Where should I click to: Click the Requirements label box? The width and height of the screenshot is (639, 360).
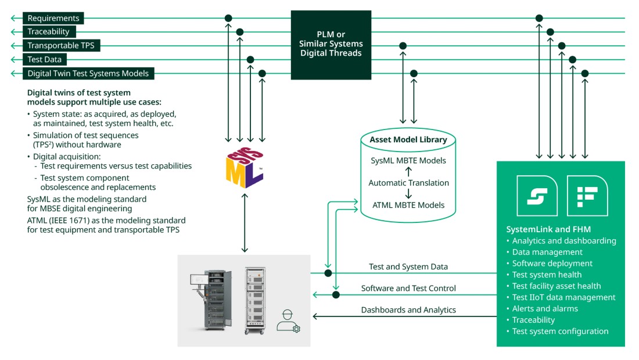[53, 19]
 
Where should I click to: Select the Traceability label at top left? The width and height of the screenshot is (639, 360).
[48, 32]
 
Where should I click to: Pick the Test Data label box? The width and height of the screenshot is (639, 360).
[44, 59]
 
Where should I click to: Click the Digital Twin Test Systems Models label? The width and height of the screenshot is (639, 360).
[88, 73]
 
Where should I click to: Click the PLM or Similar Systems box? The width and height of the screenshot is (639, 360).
[331, 44]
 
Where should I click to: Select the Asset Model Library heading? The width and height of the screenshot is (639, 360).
[408, 139]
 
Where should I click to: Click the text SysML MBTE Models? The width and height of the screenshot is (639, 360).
[408, 160]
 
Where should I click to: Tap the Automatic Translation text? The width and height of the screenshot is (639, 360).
[408, 183]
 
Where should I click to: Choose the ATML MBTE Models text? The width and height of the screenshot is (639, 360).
[408, 204]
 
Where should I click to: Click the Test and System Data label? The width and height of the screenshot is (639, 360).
[408, 267]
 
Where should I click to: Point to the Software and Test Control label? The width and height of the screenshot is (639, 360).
[408, 288]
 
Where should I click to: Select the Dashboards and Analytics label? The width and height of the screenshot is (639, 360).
[408, 310]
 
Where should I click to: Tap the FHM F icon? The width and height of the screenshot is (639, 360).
[587, 196]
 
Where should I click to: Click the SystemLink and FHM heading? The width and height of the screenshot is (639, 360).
[548, 229]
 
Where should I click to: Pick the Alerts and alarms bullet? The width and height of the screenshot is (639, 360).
[545, 308]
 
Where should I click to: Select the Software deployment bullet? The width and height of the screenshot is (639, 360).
[552, 264]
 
